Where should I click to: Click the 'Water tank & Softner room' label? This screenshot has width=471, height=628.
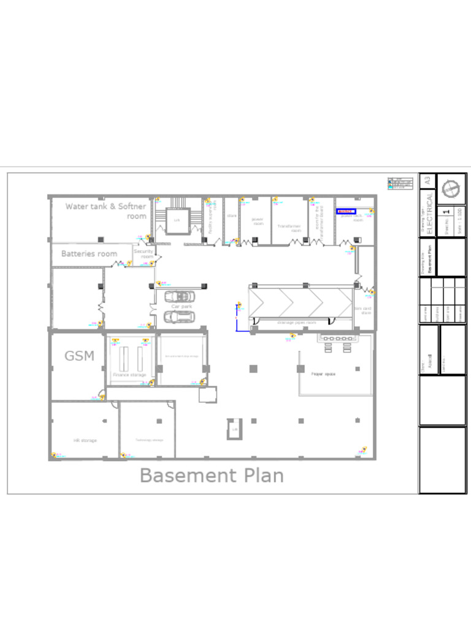(x=106, y=211)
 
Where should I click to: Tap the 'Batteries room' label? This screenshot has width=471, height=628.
(x=89, y=253)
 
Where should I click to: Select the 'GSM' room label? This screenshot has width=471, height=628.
(x=79, y=356)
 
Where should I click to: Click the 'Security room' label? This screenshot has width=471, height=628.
(x=144, y=253)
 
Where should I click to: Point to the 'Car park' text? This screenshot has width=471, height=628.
(x=182, y=306)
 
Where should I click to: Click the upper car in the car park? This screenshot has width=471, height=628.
(x=179, y=296)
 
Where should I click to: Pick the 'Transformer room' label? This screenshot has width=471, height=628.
(x=289, y=228)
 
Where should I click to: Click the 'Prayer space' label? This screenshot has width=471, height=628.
(x=323, y=373)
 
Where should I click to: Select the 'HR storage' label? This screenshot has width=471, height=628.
(x=85, y=440)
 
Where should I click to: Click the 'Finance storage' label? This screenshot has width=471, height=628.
(x=129, y=374)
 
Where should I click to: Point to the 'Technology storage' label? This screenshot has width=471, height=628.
(x=149, y=440)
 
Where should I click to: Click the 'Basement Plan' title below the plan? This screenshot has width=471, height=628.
(x=212, y=475)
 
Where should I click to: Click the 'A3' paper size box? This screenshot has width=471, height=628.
(x=427, y=181)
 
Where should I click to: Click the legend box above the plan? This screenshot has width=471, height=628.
(x=400, y=183)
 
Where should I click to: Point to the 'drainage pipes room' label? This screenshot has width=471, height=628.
(x=297, y=322)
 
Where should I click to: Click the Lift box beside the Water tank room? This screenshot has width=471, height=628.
(x=177, y=220)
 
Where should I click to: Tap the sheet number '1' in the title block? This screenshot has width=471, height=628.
(x=446, y=212)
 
